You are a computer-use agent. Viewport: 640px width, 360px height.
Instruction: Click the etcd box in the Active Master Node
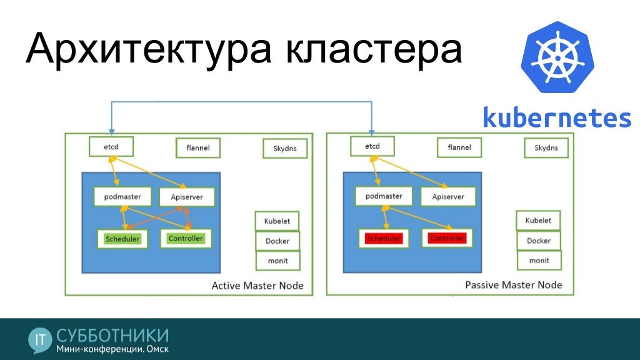(x=112, y=147)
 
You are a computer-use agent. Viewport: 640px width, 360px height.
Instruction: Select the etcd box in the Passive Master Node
(x=372, y=147)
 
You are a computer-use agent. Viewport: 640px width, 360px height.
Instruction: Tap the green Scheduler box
(x=122, y=239)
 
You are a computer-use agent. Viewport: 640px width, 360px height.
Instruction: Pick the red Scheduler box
(x=384, y=238)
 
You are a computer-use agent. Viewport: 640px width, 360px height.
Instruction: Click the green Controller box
(x=186, y=238)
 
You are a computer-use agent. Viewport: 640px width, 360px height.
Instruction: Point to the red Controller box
(x=447, y=237)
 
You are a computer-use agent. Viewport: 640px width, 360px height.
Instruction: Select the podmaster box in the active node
(x=122, y=197)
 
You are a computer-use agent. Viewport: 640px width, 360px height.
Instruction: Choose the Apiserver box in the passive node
(x=448, y=197)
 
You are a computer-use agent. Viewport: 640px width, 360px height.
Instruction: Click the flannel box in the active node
(x=197, y=148)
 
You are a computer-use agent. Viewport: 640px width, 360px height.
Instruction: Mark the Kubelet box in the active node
(x=277, y=221)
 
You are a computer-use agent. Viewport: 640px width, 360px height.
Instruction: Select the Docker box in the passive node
(x=538, y=241)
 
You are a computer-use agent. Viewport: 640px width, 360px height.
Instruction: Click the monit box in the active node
(x=277, y=260)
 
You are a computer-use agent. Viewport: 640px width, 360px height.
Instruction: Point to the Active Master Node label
(x=257, y=286)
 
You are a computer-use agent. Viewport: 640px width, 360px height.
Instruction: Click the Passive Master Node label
(x=514, y=285)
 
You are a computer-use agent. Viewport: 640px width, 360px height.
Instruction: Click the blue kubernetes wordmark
(x=557, y=117)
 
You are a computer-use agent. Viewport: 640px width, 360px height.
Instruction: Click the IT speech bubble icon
(x=41, y=339)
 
